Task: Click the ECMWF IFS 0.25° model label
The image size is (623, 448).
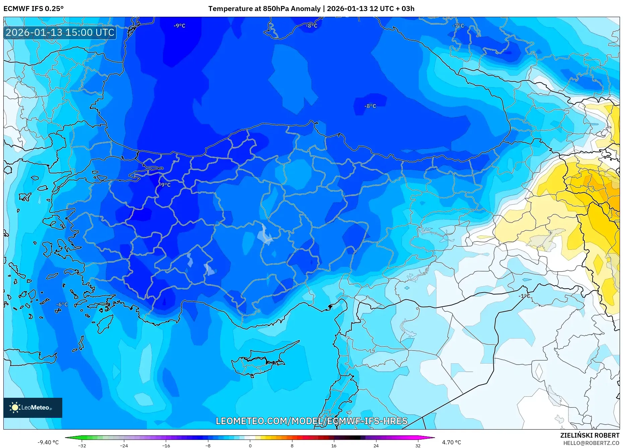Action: pyautogui.click(x=33, y=9)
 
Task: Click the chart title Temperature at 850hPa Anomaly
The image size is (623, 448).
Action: pyautogui.click(x=264, y=9)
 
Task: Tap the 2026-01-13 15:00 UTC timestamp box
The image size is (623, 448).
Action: pyautogui.click(x=60, y=32)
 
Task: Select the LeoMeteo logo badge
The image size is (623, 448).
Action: pyautogui.click(x=33, y=407)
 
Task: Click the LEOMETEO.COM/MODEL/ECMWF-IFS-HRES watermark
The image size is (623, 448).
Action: pyautogui.click(x=311, y=421)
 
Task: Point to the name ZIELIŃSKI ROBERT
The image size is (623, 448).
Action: pyautogui.click(x=590, y=435)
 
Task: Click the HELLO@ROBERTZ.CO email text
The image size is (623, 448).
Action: pyautogui.click(x=591, y=443)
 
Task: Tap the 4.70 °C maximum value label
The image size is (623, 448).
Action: pyautogui.click(x=452, y=442)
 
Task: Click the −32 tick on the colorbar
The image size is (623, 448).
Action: pyautogui.click(x=82, y=445)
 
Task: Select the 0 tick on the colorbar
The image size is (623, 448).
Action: pyautogui.click(x=250, y=445)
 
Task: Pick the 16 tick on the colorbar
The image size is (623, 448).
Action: pyautogui.click(x=334, y=445)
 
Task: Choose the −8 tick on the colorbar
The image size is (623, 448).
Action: pyautogui.click(x=208, y=445)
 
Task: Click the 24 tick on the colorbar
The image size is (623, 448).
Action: pyautogui.click(x=376, y=445)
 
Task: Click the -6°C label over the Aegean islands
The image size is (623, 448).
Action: pyautogui.click(x=62, y=304)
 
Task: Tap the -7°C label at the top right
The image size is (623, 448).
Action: pyautogui.click(x=458, y=26)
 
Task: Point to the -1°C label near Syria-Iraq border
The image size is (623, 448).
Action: pyautogui.click(x=524, y=296)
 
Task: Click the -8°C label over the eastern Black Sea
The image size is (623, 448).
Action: pyautogui.click(x=370, y=106)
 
